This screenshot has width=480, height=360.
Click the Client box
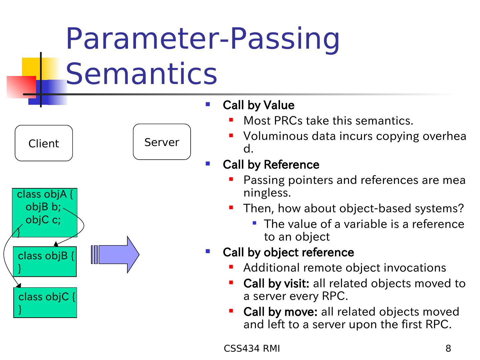44,143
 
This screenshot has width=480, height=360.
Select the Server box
162,142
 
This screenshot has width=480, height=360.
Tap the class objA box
45,213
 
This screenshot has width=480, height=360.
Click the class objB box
45,262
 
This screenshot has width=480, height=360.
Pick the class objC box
45,302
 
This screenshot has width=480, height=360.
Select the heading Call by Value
258,105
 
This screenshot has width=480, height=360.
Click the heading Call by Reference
271,165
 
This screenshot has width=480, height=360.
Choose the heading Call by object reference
288,252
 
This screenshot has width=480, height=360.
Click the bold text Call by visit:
276,283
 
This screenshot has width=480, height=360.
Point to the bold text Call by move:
280,312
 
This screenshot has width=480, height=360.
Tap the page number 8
448,349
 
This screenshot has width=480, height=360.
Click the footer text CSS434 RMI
252,349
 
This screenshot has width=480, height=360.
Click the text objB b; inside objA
43,207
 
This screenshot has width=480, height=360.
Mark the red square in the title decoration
21,87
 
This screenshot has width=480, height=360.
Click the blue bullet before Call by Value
208,104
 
